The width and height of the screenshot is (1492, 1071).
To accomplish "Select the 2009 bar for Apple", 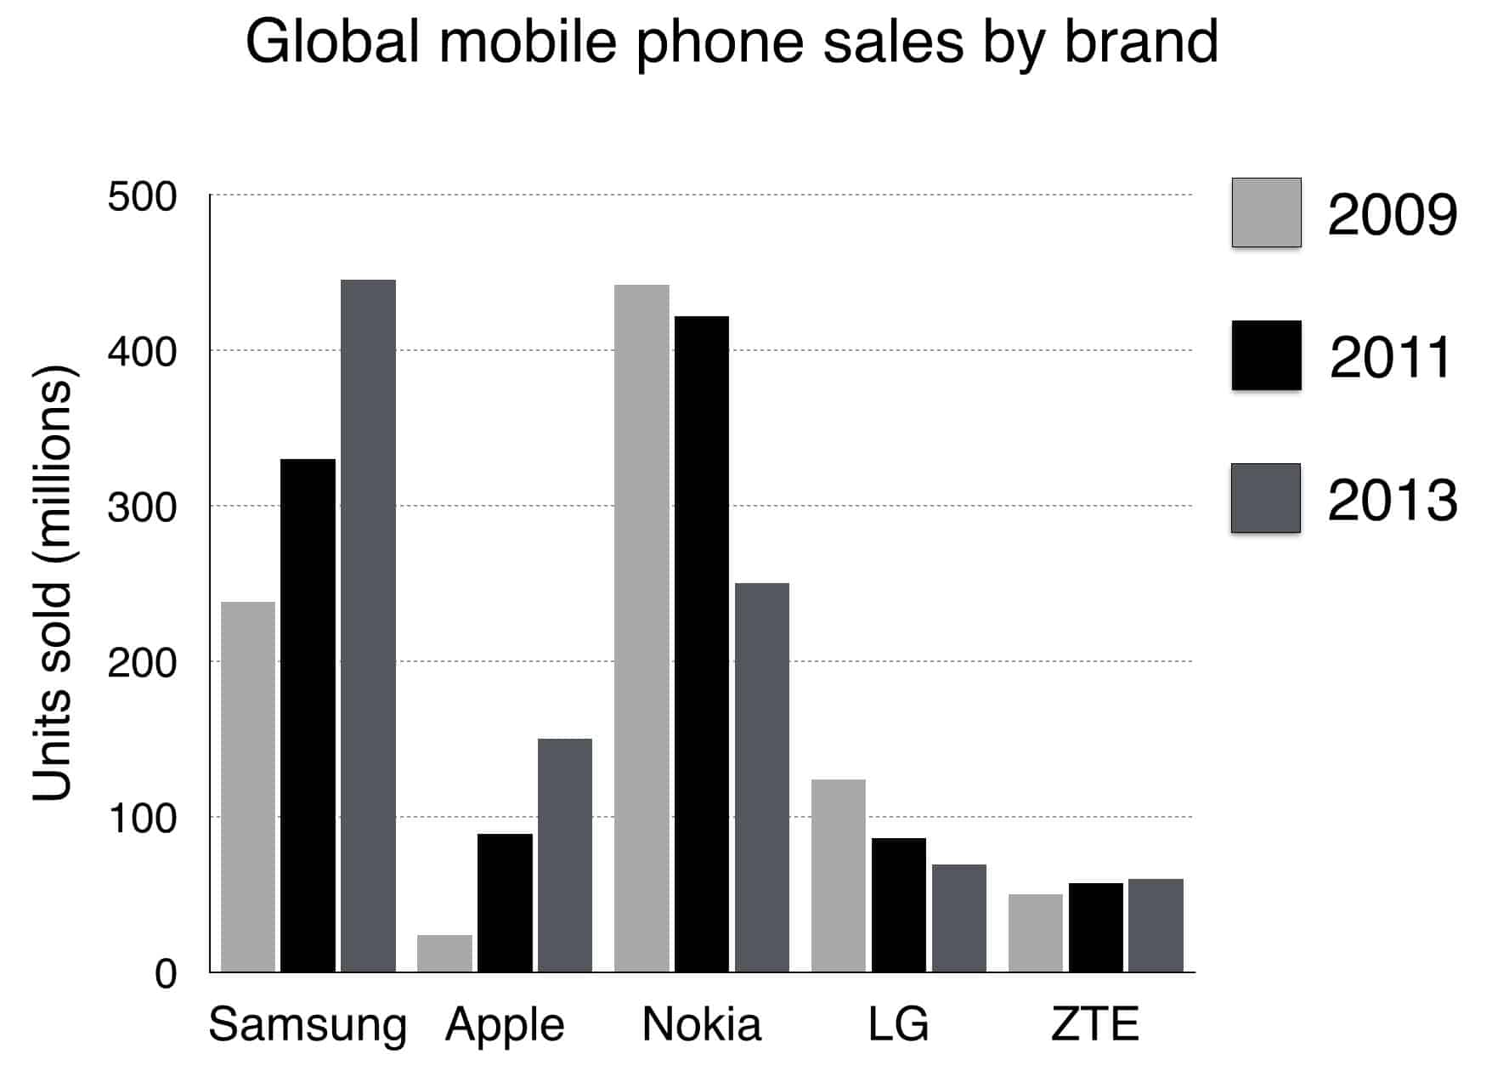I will point(444,953).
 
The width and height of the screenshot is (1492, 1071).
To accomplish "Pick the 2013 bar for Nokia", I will point(761,777).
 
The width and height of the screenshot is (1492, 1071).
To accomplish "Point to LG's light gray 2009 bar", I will point(838,875).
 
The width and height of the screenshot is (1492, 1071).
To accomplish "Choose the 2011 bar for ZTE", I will point(1095,927).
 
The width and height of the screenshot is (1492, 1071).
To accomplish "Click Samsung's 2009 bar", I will point(248,786).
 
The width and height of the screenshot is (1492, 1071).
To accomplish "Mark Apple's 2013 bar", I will point(564,855).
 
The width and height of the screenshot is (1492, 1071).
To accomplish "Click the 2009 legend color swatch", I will point(1266,212).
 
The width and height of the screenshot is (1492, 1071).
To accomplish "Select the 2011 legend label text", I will point(1391,357).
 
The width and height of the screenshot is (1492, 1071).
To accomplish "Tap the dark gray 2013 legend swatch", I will point(1266,498).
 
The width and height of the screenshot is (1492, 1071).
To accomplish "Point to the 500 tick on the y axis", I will point(142,197).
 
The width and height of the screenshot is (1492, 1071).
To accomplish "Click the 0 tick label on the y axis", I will point(165,974).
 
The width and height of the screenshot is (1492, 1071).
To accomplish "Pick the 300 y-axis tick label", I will point(142,508).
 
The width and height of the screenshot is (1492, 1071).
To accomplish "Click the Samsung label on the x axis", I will point(308,1025).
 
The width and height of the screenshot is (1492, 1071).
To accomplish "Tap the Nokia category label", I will point(701,1024).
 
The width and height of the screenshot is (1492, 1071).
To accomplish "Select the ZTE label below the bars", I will point(1094,1024).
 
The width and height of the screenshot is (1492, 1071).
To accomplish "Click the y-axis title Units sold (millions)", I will point(53,583).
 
